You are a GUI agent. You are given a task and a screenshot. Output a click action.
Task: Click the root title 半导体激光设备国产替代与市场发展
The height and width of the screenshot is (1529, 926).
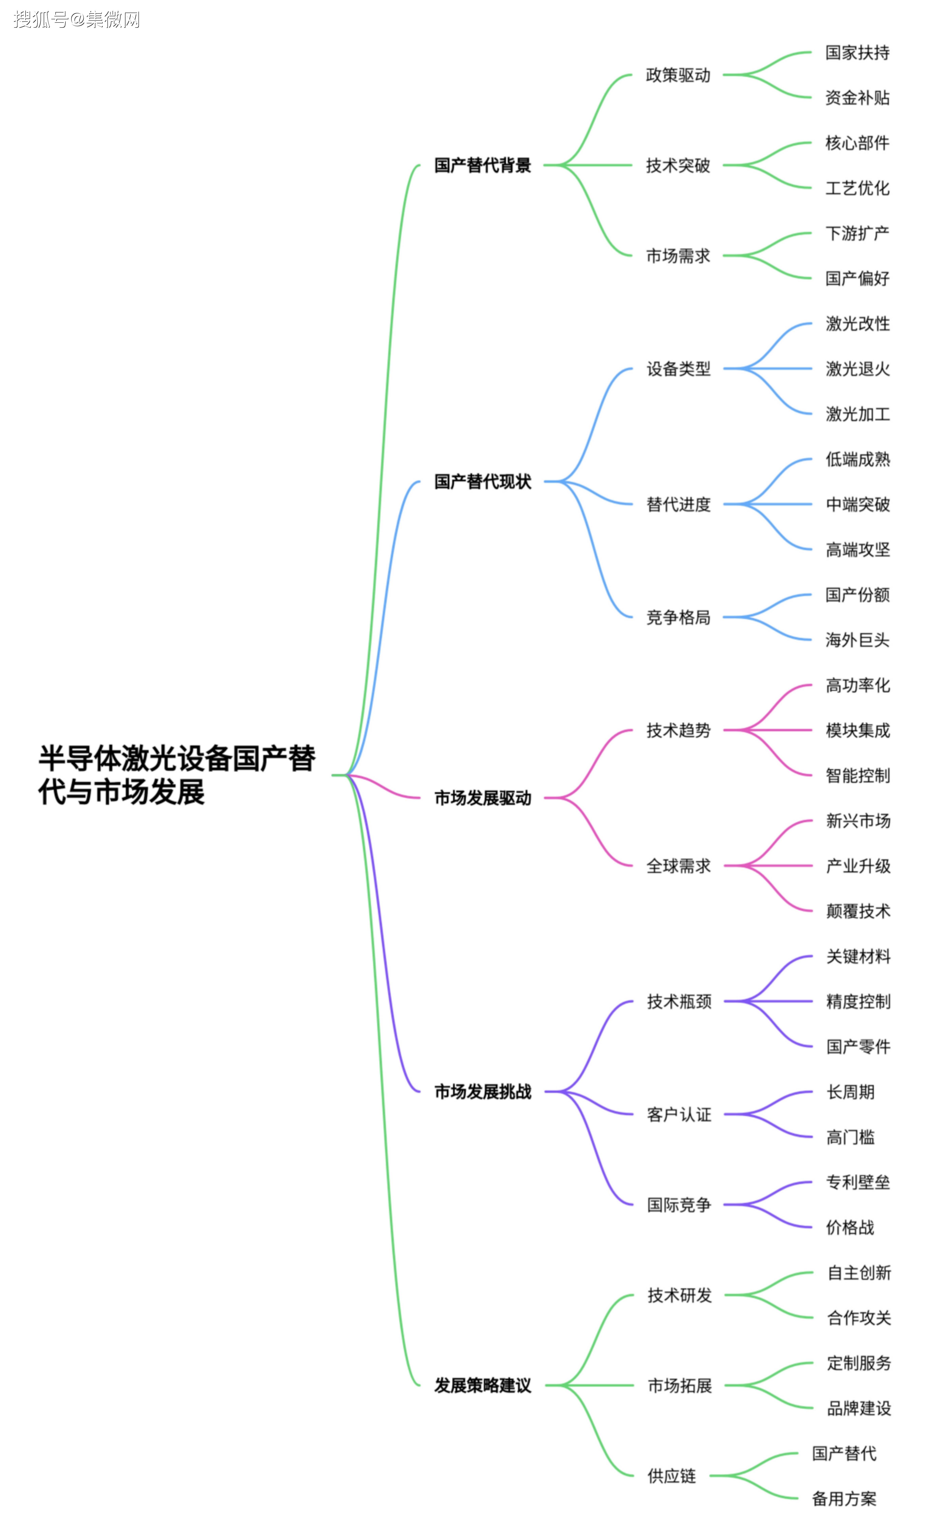(x=177, y=774)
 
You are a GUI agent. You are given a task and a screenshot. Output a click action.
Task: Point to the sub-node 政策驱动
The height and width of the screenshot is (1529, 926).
(x=678, y=75)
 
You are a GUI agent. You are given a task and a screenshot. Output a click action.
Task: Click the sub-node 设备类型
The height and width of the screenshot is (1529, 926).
(x=678, y=369)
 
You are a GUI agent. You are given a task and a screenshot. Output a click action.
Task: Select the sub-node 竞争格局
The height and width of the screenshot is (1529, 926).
(x=678, y=617)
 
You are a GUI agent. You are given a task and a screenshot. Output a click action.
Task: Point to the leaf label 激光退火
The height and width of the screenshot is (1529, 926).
(x=857, y=369)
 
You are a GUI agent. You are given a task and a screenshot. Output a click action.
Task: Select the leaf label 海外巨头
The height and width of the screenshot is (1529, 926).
(x=857, y=640)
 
